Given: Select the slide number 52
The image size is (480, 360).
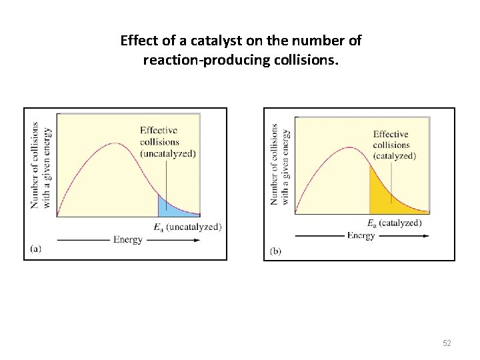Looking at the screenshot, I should pyautogui.click(x=447, y=343).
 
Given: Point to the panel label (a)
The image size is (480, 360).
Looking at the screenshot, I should pyautogui.click(x=37, y=248).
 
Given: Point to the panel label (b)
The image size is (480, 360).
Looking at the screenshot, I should pyautogui.click(x=276, y=251).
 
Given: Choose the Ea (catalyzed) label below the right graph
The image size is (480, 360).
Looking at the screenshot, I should pyautogui.click(x=395, y=223).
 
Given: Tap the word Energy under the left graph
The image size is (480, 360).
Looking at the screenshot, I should pyautogui.click(x=128, y=239).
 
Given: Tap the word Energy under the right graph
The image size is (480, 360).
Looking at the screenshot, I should pyautogui.click(x=361, y=235).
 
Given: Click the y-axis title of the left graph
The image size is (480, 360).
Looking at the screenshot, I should pyautogui.click(x=40, y=165).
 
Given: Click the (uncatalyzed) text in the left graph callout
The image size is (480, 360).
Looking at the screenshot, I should pyautogui.click(x=168, y=153).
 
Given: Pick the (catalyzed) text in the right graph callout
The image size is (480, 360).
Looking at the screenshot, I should pyautogui.click(x=394, y=156).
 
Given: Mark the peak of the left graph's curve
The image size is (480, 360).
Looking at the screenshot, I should pyautogui.click(x=115, y=143).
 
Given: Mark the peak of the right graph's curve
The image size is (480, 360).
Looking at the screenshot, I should pyautogui.click(x=349, y=147).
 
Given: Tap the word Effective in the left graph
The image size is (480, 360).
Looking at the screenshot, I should pyautogui.click(x=159, y=130).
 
